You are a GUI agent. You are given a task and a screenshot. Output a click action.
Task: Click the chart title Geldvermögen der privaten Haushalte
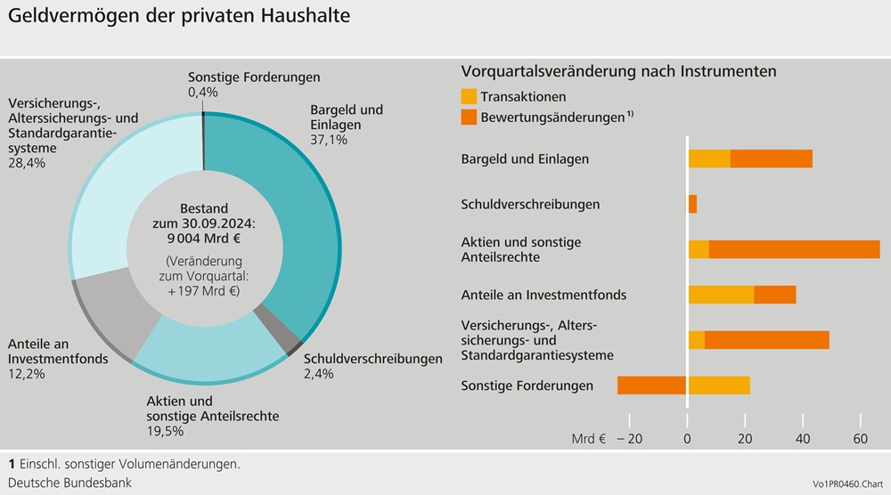[x=179, y=16]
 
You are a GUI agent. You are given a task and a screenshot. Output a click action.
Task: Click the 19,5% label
[x=165, y=431]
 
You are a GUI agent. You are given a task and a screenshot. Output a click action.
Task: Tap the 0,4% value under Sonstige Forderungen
[x=203, y=93]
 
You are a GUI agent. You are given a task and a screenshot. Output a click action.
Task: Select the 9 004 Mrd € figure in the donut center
[x=204, y=238]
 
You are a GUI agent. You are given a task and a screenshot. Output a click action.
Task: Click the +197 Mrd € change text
[x=204, y=291]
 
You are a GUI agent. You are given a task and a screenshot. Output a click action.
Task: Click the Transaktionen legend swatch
[x=469, y=96]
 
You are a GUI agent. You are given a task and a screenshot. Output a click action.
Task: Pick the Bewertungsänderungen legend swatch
[x=469, y=117]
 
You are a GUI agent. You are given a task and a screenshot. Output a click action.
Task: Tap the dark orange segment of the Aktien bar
[x=794, y=249]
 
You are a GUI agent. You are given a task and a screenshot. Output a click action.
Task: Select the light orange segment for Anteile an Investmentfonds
[x=721, y=295]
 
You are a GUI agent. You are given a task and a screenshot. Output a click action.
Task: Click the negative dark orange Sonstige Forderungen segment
[x=651, y=385]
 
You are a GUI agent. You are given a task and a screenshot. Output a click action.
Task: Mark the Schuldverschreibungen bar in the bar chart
[x=691, y=204]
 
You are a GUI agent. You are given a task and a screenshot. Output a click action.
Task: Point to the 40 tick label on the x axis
[x=803, y=439]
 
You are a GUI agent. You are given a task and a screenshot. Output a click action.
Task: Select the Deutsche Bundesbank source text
[x=69, y=483]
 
